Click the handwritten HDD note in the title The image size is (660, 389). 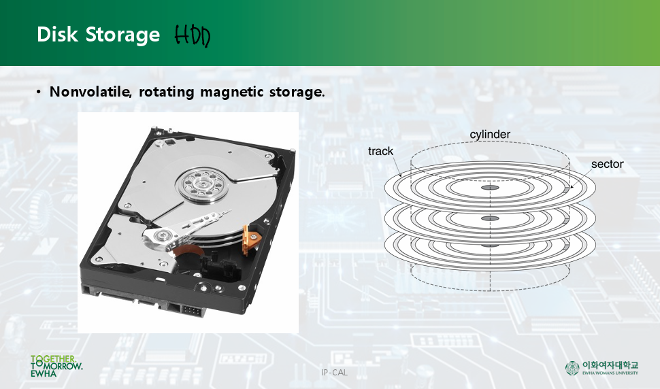[193, 35]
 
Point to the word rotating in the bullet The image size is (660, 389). [166, 91]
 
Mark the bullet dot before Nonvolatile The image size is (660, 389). [39, 91]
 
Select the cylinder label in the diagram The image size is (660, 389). [490, 135]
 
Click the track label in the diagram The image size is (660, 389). [381, 151]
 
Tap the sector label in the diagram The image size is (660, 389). [607, 165]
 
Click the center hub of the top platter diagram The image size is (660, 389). [490, 187]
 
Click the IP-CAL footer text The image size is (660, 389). [334, 372]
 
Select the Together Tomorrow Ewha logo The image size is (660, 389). [56, 366]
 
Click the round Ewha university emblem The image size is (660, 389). [572, 368]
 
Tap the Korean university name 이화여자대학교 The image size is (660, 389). [610, 365]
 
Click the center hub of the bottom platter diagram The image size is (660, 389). [490, 246]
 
